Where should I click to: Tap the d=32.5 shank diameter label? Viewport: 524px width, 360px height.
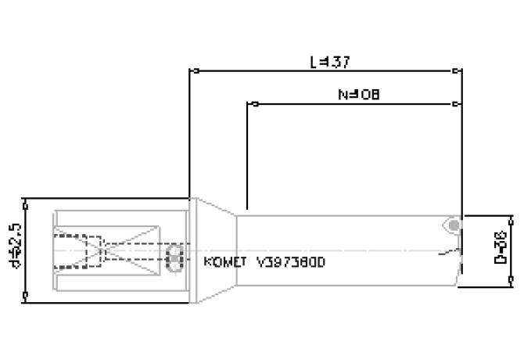(10, 248)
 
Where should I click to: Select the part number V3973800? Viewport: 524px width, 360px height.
(290, 262)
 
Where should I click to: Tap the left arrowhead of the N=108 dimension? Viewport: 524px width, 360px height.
(251, 104)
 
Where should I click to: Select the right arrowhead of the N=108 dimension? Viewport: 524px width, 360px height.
(458, 104)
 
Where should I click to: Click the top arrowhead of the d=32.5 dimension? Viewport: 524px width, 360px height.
(27, 203)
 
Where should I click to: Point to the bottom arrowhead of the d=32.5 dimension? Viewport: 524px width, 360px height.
(27, 295)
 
